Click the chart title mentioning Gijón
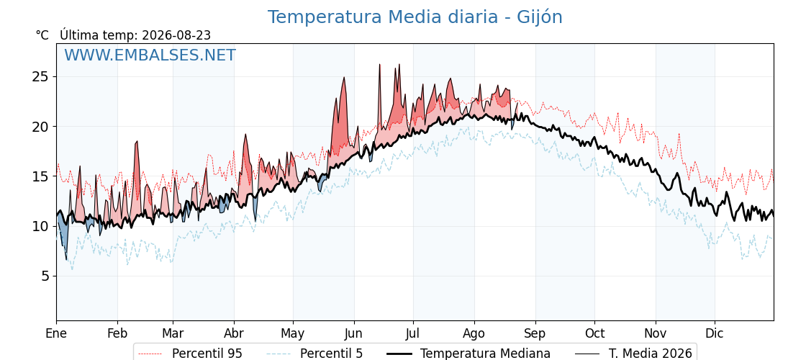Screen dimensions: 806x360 tap(415, 17)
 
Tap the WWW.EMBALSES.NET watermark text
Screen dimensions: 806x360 tap(150, 55)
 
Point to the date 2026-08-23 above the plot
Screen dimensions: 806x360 tap(176, 35)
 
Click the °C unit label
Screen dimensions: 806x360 tap(42, 35)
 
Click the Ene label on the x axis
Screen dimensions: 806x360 tap(56, 334)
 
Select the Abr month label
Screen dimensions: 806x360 tap(234, 334)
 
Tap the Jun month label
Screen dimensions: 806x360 tap(353, 334)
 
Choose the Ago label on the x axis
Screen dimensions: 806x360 tap(474, 334)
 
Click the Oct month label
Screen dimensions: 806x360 tap(594, 334)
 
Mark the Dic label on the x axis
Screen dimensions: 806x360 tap(715, 334)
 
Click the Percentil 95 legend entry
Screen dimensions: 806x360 tap(191, 354)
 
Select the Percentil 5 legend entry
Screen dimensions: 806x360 tap(315, 354)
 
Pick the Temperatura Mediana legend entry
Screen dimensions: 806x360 tap(467, 354)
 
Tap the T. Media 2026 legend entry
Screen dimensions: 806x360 tap(633, 354)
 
